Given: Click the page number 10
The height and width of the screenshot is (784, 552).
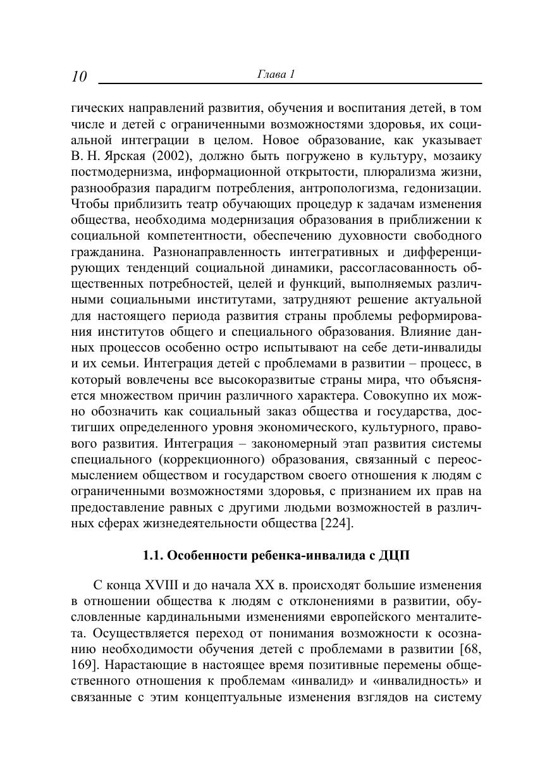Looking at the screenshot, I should [x=79, y=77].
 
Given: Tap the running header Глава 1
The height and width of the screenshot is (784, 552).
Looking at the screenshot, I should [x=276, y=74].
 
